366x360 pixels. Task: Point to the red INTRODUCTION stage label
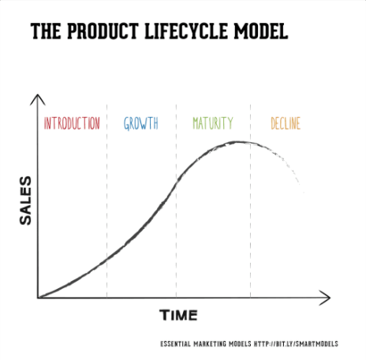(x=72, y=124)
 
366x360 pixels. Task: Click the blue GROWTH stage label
(x=141, y=124)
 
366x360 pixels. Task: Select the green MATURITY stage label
(x=213, y=124)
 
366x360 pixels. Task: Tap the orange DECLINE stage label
(x=285, y=124)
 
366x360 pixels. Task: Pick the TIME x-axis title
(x=179, y=315)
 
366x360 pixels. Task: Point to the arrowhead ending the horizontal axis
(x=326, y=298)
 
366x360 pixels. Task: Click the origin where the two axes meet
(x=37, y=298)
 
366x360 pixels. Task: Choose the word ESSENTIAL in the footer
(x=177, y=345)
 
